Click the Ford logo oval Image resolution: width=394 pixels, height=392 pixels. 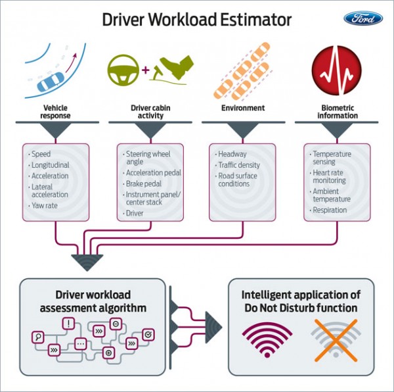[362, 18]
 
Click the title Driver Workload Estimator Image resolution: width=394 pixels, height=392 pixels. [196, 20]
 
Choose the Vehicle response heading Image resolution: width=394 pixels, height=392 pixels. [56, 112]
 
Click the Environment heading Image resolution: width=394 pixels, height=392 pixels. [243, 108]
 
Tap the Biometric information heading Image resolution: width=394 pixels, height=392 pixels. [338, 112]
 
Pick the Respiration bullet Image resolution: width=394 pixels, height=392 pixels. [330, 210]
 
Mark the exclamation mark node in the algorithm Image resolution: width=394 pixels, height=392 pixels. [68, 323]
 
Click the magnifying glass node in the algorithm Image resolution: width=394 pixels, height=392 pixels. [38, 337]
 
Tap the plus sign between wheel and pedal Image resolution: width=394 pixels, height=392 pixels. [145, 68]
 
